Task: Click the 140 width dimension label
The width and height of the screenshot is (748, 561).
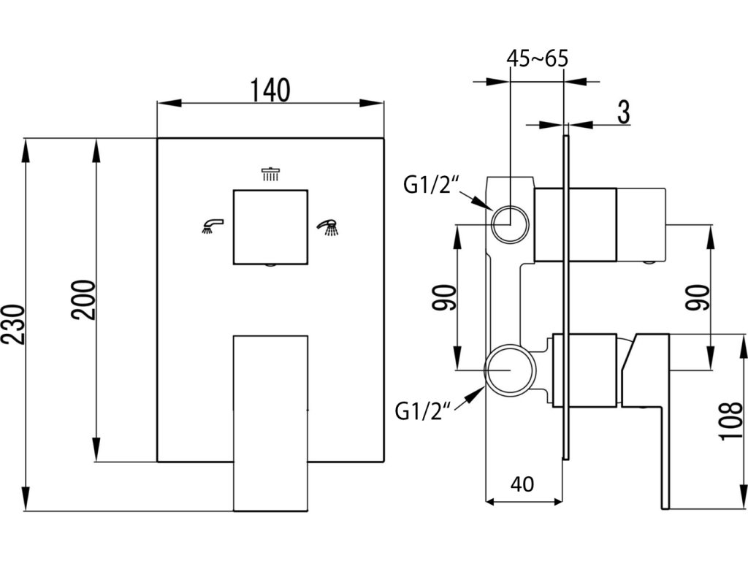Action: tap(270, 91)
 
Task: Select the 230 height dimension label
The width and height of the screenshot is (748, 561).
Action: tap(13, 324)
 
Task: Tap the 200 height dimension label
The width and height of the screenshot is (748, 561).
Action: tap(84, 300)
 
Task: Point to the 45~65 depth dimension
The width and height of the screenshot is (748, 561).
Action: tap(537, 58)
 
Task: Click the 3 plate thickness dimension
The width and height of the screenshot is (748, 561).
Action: tap(624, 112)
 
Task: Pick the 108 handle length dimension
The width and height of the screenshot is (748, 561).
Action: tap(730, 421)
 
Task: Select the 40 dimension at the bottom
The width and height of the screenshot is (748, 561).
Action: tap(522, 485)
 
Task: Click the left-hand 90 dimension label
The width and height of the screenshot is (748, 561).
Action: tap(443, 298)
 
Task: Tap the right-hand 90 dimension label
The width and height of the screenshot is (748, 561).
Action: tap(698, 298)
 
